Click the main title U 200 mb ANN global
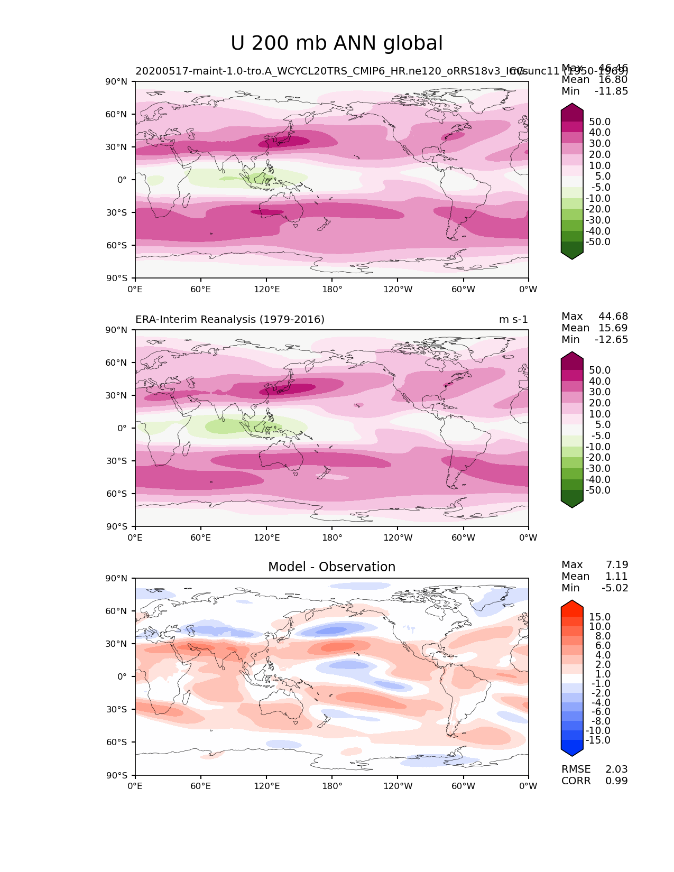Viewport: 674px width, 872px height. click(337, 43)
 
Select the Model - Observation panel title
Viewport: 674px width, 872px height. click(331, 567)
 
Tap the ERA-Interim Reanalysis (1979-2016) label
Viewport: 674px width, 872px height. click(230, 320)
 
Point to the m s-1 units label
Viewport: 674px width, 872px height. click(513, 320)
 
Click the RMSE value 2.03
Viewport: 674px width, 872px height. click(616, 769)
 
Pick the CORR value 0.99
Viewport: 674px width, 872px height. click(616, 781)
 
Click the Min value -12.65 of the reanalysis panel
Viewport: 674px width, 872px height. click(612, 340)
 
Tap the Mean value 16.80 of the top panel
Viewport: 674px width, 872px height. click(613, 80)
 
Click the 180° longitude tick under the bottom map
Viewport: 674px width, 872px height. click(332, 786)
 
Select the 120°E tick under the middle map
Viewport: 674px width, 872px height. click(267, 538)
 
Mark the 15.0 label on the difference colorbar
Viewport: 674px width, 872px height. click(599, 617)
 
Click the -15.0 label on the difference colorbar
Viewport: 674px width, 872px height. click(598, 740)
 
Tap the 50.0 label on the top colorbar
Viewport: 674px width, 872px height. click(599, 122)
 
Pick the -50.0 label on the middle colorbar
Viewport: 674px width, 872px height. click(598, 490)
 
